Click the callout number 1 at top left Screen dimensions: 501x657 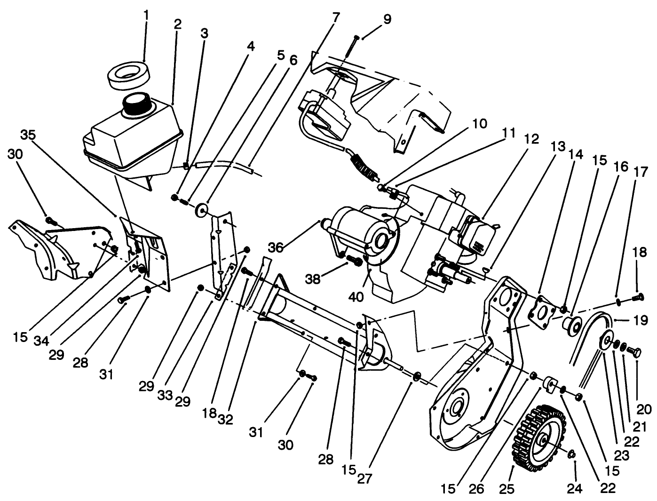146,16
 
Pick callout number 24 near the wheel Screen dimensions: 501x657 575,489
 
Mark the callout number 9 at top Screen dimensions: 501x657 387,19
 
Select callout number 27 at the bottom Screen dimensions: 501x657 364,479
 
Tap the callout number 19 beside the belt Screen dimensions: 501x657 640,321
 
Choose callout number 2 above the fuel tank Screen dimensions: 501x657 177,25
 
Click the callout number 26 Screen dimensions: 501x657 476,489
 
